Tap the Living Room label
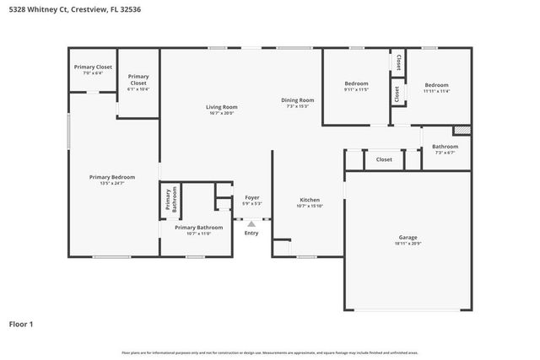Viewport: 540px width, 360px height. (222, 107)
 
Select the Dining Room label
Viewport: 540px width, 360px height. (298, 100)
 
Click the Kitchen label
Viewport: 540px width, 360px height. (310, 200)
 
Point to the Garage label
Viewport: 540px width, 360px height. (408, 237)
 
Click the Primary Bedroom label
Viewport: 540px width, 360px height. (112, 177)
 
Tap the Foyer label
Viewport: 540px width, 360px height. (252, 197)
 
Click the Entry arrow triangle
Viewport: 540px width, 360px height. (251, 223)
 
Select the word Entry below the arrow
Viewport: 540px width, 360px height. (251, 233)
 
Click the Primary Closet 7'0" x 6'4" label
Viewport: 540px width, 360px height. (93, 67)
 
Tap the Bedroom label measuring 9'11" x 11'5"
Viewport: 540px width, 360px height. (356, 84)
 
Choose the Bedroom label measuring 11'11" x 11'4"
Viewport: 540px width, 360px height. (436, 84)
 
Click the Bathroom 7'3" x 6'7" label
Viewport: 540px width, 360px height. (445, 147)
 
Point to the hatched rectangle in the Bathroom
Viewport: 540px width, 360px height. (462, 130)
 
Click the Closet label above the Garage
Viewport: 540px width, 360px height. (384, 159)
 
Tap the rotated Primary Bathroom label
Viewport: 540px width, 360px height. (169, 201)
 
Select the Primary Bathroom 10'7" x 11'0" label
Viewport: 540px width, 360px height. (198, 228)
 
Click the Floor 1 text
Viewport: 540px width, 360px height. (21, 324)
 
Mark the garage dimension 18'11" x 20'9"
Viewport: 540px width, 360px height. (408, 244)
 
